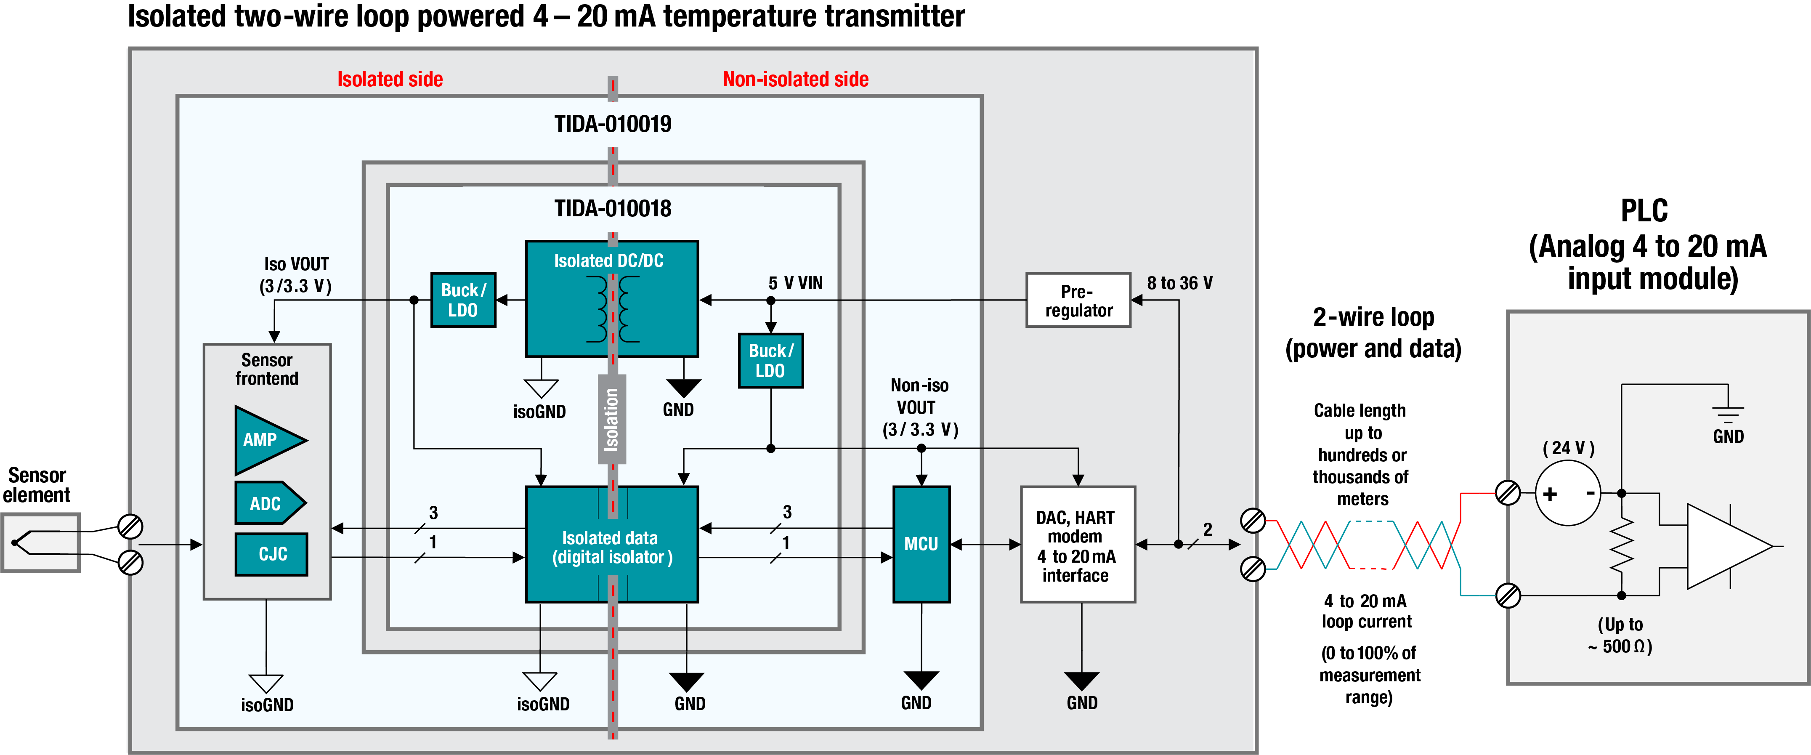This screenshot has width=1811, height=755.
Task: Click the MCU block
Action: point(921,544)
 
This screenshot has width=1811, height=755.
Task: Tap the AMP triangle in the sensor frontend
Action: point(266,440)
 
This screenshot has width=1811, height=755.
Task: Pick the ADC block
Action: point(267,503)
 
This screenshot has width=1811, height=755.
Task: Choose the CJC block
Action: point(271,554)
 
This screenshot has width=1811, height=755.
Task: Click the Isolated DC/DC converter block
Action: point(612,299)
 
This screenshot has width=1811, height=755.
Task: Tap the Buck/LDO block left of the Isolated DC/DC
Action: point(463,300)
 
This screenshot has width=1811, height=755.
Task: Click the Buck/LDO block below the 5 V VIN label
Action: point(770,361)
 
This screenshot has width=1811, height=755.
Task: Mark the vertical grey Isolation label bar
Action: point(612,419)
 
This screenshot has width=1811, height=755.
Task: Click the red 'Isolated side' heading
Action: point(390,80)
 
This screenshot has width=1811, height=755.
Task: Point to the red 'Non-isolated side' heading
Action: point(795,80)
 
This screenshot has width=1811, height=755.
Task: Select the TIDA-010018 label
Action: point(612,209)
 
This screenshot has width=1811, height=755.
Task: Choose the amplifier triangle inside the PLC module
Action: point(1726,546)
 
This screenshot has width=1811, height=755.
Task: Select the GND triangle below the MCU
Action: point(921,679)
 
